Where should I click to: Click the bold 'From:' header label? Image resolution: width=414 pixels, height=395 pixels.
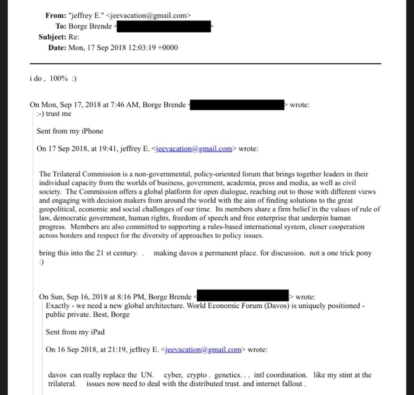click(56, 15)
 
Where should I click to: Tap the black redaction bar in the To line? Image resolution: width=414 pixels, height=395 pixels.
click(164, 26)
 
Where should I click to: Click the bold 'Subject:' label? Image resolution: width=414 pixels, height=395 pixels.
click(52, 37)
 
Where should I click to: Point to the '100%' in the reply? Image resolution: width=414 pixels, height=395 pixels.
click(59, 78)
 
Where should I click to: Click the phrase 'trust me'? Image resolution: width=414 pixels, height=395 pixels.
click(58, 114)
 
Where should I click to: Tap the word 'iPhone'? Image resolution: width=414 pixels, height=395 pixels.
click(92, 131)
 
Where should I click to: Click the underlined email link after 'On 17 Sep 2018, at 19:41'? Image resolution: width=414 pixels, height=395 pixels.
click(194, 149)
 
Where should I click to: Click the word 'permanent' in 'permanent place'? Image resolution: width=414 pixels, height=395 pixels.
click(220, 253)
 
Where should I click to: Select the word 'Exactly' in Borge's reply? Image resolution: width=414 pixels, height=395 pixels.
click(58, 306)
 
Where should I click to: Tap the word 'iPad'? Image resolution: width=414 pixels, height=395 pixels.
click(98, 332)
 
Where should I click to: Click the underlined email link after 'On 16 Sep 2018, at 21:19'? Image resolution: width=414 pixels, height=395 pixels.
click(203, 350)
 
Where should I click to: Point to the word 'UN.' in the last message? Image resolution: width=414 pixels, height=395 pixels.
click(147, 375)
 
